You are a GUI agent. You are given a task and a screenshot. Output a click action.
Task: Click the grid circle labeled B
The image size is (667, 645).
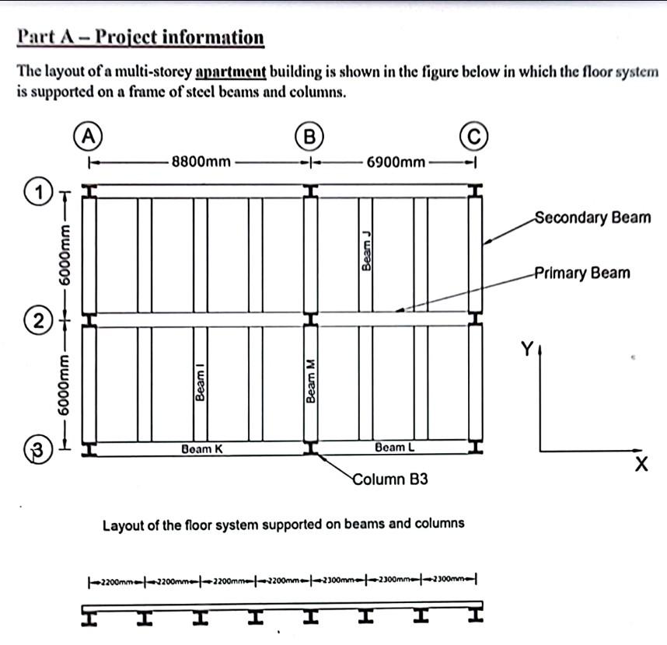point(310,136)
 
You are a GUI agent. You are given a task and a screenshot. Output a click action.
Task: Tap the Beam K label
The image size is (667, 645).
point(201,448)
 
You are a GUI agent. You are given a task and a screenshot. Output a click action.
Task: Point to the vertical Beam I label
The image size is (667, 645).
point(201,384)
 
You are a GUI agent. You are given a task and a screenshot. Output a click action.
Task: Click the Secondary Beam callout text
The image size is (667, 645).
point(592,218)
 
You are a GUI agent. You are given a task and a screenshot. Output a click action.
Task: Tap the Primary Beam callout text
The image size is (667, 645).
point(581,273)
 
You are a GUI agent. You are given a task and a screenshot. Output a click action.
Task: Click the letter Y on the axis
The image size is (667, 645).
point(527,350)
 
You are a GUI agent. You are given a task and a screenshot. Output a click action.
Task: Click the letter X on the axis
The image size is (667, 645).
point(641,465)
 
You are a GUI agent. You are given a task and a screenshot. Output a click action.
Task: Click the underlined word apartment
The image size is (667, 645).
point(231,72)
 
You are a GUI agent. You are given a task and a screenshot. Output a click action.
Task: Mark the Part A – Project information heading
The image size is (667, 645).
point(140,37)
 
